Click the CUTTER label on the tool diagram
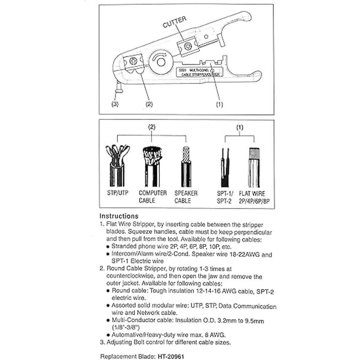tap(175, 22)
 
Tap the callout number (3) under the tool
tap(115, 104)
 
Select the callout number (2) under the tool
tap(149, 104)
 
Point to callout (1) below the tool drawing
tap(220, 105)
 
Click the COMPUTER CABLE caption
tap(153, 197)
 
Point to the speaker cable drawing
tap(185, 166)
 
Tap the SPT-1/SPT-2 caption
tap(225, 197)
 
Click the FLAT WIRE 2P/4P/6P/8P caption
tap(253, 197)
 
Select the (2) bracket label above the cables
tap(152, 127)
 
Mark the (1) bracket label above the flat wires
tap(240, 127)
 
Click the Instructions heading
tap(119, 216)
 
